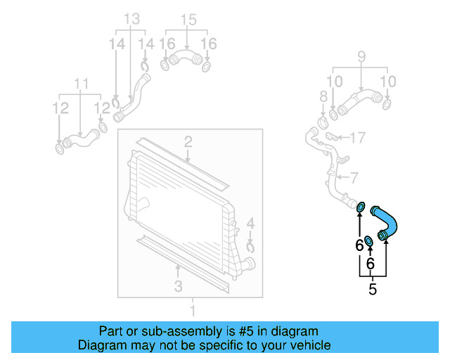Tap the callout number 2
click(x=188, y=143)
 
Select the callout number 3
click(x=178, y=285)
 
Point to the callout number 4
click(x=251, y=225)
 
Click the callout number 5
click(x=373, y=289)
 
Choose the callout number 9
click(x=361, y=56)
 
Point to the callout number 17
click(x=357, y=136)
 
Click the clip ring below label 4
click(x=251, y=246)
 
